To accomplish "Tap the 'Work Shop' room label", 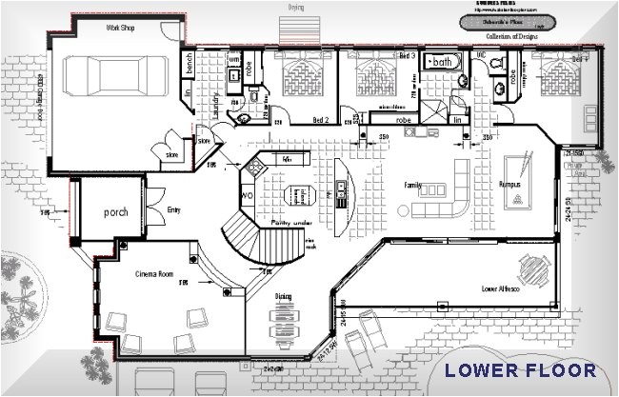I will tap(119, 29).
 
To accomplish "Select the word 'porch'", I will tap(116, 211).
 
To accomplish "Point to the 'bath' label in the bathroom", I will tap(442, 62).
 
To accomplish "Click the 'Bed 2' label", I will tap(322, 121).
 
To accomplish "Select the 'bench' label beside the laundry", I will tap(190, 67).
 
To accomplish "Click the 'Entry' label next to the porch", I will tap(172, 209).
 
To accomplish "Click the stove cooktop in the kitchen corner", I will tap(255, 168).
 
